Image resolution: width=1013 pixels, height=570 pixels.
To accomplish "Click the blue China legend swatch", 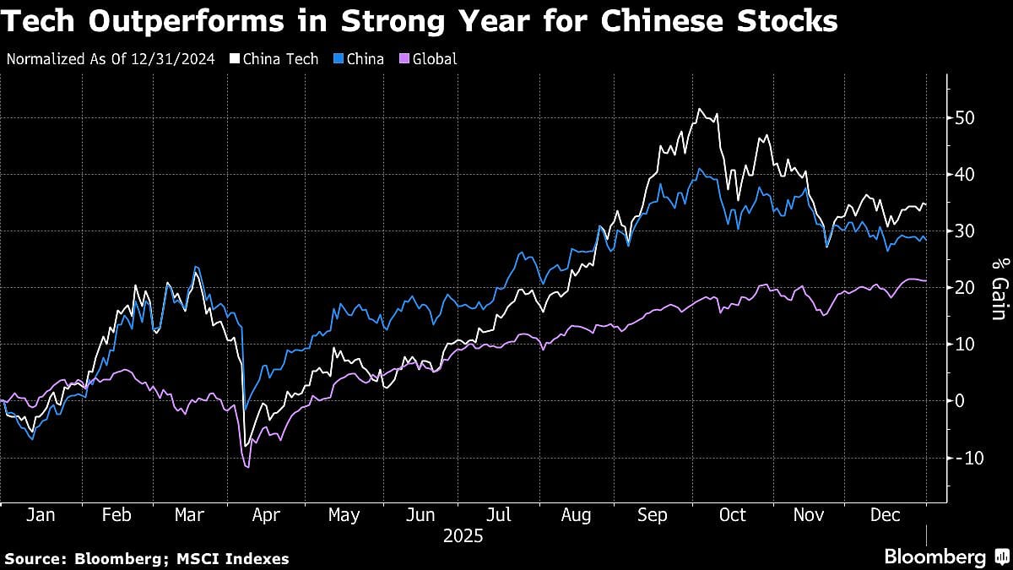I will pyautogui.click(x=340, y=59).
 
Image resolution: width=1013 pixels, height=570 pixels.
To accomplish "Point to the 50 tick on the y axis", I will pyautogui.click(x=965, y=117).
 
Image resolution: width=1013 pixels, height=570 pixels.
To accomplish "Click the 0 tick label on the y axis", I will pyautogui.click(x=960, y=400).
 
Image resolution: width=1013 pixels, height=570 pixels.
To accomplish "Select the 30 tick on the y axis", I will pyautogui.click(x=965, y=231).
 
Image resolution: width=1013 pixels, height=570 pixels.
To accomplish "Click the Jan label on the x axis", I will pyautogui.click(x=41, y=515).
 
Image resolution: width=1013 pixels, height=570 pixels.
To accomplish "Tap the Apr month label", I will pyautogui.click(x=266, y=515).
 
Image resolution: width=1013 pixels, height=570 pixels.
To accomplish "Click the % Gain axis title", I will pyautogui.click(x=998, y=287).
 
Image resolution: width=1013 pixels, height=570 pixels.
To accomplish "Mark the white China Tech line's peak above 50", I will pyautogui.click(x=700, y=109).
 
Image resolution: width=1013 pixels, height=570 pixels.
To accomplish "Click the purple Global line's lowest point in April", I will pyautogui.click(x=247, y=467).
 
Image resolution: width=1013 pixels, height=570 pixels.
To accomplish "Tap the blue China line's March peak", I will pyautogui.click(x=196, y=268).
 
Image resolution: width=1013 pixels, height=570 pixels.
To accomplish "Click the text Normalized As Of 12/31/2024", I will pyautogui.click(x=110, y=59).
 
